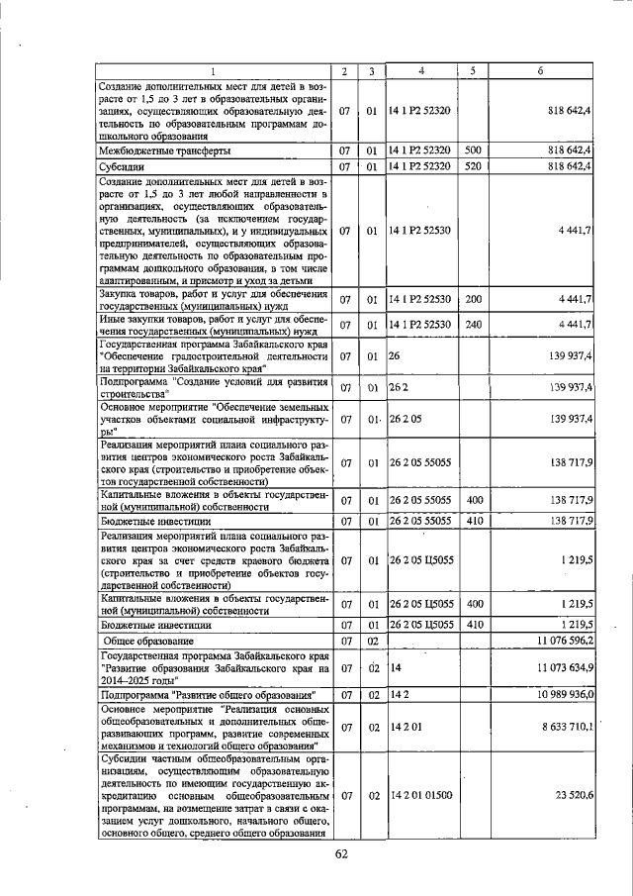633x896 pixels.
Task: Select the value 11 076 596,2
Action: click(560, 642)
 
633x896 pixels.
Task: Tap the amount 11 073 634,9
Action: click(560, 668)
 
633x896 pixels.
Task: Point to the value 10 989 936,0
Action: click(561, 696)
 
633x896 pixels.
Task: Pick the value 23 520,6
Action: click(573, 795)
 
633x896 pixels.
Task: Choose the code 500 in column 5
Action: click(473, 150)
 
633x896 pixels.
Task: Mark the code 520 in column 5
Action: click(473, 167)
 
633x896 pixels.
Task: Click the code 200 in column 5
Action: click(473, 298)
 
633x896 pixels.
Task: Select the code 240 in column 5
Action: click(473, 324)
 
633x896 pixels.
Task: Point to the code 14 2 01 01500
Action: click(420, 795)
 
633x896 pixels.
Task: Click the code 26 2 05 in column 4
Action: click(406, 419)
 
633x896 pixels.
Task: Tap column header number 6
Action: click(540, 71)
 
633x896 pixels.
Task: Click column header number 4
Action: click(420, 71)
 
